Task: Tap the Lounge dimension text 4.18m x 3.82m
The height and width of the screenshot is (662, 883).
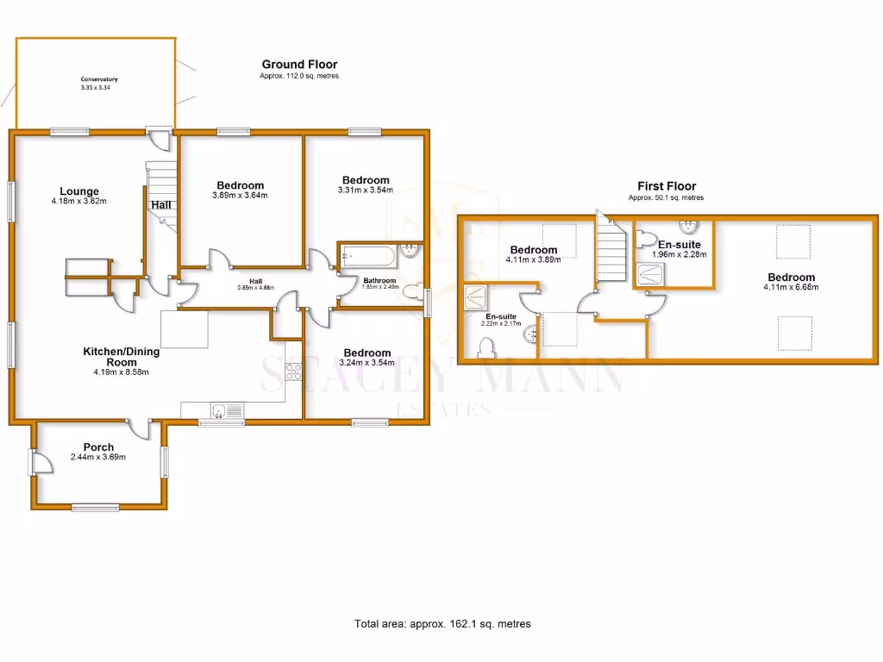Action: coord(79,202)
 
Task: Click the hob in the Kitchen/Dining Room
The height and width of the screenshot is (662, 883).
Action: coord(293,372)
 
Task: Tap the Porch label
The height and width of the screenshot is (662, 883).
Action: coord(98,447)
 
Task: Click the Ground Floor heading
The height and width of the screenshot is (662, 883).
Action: coord(299,65)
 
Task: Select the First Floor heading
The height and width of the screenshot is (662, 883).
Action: coord(667,186)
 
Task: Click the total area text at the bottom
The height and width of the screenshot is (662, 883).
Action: coord(442,623)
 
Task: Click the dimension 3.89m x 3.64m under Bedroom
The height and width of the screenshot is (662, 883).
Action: coord(241,196)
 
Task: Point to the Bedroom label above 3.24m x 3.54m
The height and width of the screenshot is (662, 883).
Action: coord(366,353)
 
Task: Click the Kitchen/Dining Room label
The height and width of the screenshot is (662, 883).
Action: coord(122,357)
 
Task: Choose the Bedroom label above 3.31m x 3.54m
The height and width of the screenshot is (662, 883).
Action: coord(365,180)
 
